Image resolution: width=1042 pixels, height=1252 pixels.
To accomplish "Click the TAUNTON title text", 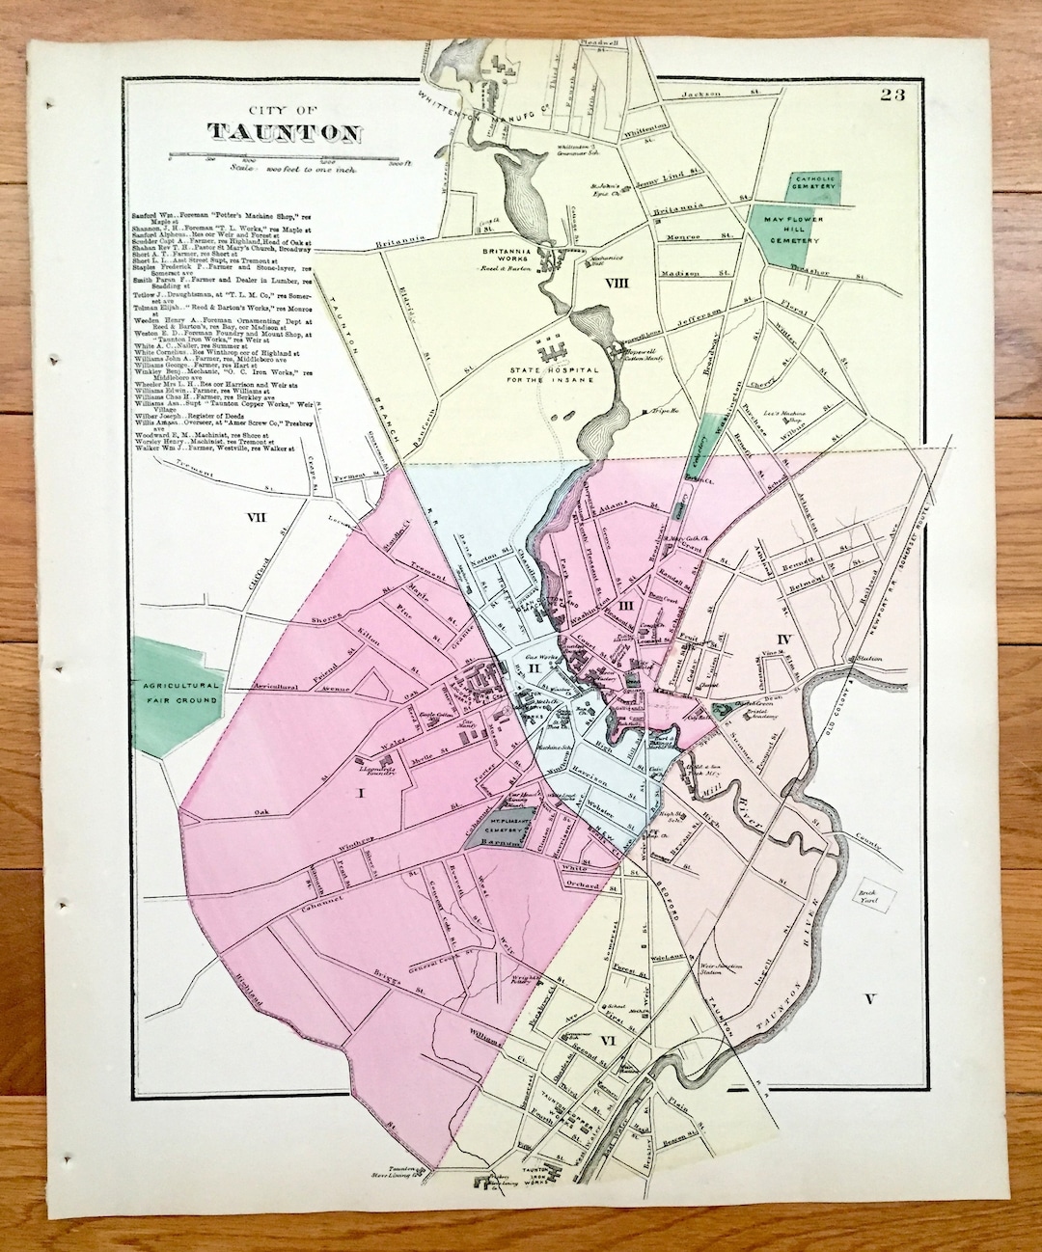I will pyautogui.click(x=285, y=132).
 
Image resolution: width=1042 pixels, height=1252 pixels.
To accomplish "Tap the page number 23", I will pyautogui.click(x=891, y=95).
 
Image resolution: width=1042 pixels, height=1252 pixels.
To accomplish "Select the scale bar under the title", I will pyautogui.click(x=284, y=157).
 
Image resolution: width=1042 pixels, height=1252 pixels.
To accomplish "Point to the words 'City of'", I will pyautogui.click(x=285, y=110).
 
